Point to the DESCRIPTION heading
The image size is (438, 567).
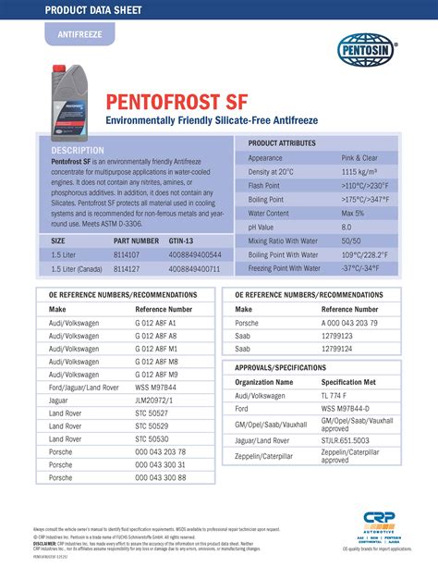[78, 150]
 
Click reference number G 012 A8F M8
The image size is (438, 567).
[155, 362]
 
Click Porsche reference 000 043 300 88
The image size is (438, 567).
[160, 477]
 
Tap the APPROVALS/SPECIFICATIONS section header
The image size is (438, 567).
[277, 367]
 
